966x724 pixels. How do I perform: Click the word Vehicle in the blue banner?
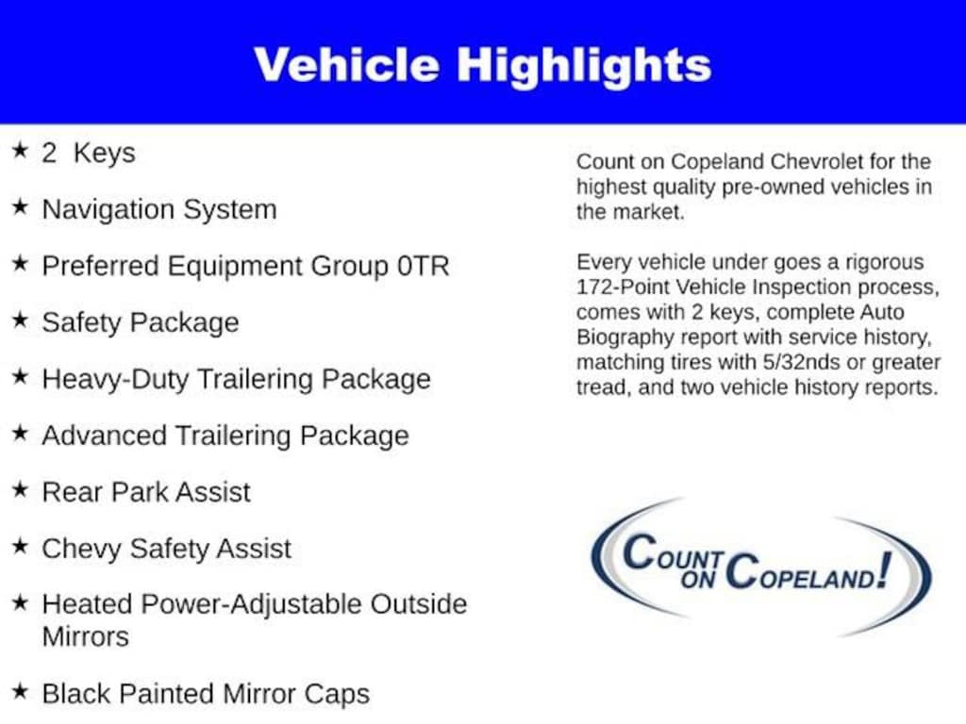(346, 64)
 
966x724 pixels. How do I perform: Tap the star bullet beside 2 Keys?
(21, 150)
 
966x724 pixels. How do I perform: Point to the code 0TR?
(424, 266)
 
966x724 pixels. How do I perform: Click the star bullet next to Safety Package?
(21, 320)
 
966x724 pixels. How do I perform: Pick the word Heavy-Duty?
(115, 380)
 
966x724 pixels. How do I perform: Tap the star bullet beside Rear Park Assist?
(21, 489)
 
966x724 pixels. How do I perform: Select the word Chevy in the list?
(81, 550)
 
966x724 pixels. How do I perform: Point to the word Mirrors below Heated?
(86, 636)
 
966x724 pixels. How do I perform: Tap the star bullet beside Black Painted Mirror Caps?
(21, 691)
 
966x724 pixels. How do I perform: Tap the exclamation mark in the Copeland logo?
(885, 569)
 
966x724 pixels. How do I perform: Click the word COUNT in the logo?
(673, 552)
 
